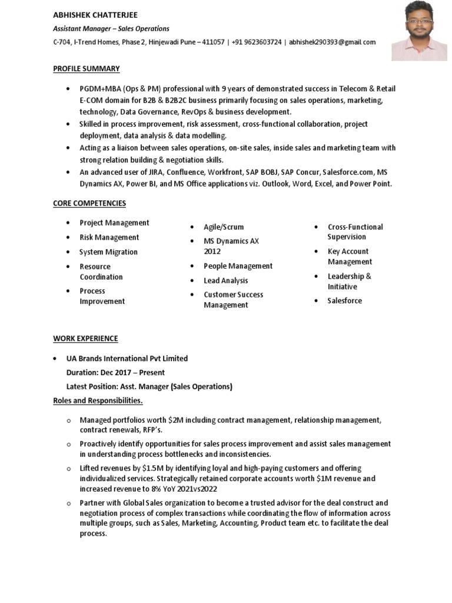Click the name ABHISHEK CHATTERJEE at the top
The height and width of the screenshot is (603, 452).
[95, 15]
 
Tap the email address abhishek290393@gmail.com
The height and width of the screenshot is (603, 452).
[332, 42]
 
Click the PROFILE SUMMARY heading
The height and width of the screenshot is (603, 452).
[86, 69]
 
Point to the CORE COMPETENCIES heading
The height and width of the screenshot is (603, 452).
[89, 203]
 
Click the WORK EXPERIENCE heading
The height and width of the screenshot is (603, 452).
[85, 339]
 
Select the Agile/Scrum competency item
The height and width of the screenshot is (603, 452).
[224, 227]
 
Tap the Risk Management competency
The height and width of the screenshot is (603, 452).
[109, 237]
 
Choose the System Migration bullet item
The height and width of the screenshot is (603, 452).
[108, 252]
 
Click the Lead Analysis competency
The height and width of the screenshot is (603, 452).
[226, 281]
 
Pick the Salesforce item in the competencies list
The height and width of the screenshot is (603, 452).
[345, 301]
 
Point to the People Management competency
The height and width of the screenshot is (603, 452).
[238, 266]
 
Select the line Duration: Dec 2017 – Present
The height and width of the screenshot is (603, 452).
[115, 373]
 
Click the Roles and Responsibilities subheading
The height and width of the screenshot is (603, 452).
[98, 401]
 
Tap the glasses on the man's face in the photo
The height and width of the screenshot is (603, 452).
[420, 21]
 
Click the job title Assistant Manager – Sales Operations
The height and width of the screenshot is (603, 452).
[111, 28]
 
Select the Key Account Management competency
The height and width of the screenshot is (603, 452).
[350, 257]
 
